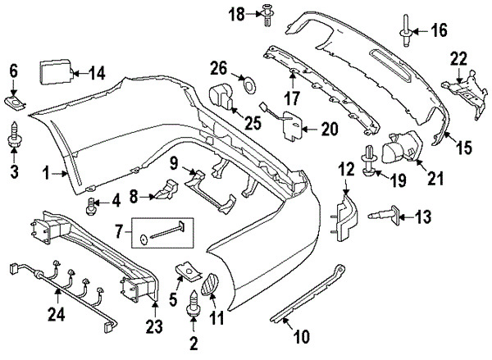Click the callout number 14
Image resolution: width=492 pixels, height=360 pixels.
tap(97, 74)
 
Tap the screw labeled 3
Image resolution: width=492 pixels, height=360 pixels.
tap(13, 135)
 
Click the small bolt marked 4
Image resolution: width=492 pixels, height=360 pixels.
tap(90, 206)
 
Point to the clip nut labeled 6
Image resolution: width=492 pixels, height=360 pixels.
tap(15, 103)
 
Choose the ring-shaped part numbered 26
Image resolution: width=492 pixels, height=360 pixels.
tap(250, 84)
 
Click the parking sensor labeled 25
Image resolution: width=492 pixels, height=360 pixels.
tap(222, 98)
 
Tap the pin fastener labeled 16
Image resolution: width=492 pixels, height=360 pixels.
tap(406, 31)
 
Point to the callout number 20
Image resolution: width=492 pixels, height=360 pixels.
tap(329, 129)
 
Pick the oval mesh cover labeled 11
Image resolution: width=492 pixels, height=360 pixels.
tap(208, 285)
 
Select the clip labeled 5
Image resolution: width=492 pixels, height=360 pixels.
tap(188, 271)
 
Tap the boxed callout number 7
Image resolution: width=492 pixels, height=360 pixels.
tap(118, 232)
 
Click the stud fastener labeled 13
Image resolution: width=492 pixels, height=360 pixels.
tap(384, 216)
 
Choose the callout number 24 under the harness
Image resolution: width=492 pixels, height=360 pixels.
tap(57, 314)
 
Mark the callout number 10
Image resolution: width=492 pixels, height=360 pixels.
tap(301, 337)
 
